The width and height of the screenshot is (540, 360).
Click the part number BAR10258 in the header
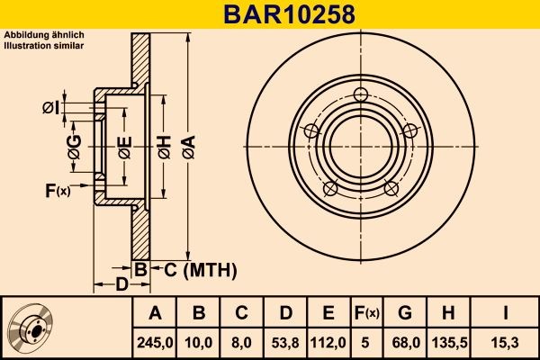(270, 14)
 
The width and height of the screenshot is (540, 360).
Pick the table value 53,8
(285, 342)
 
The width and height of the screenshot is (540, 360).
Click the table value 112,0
(328, 342)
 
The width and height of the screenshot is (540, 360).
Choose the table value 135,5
(447, 342)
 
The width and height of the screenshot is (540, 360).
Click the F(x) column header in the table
(366, 313)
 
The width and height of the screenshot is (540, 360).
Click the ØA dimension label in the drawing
(188, 141)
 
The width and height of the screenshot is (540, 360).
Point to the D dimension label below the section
(121, 286)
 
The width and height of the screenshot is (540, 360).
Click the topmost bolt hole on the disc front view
(361, 95)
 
